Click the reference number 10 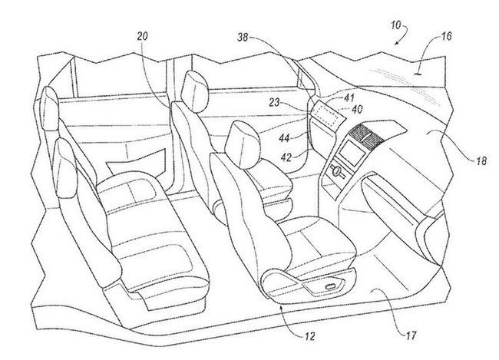396,25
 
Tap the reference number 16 446,36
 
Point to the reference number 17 411,335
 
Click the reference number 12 309,336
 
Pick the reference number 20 142,37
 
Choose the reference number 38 243,38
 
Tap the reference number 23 274,102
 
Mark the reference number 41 349,97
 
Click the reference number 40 356,110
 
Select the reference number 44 284,138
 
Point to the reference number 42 286,157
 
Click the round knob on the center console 335,171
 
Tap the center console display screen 352,153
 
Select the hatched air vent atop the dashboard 365,133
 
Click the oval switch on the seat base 331,286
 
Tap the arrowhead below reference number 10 397,43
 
